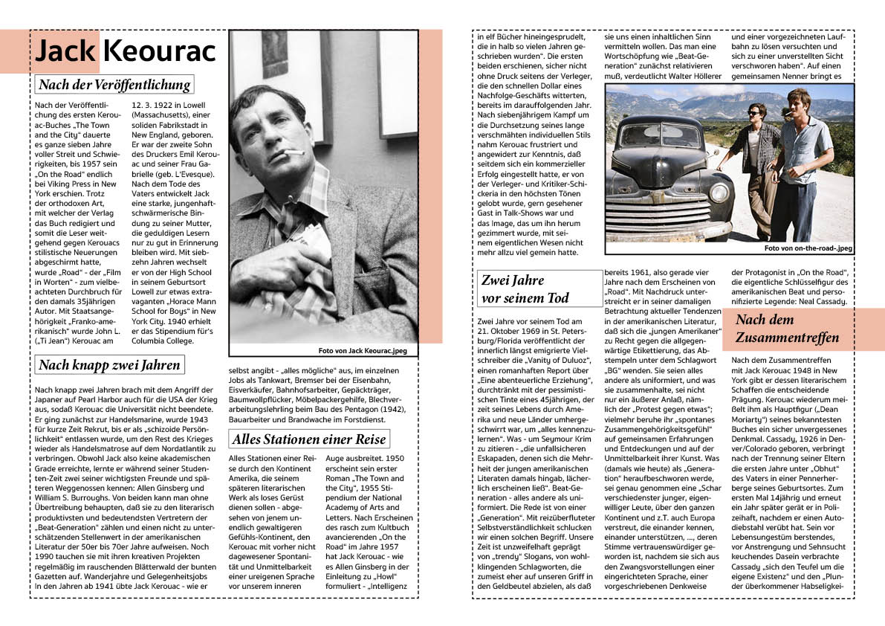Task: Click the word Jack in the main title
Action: [65, 51]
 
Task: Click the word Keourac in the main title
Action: [159, 51]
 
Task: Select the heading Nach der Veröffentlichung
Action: [114, 84]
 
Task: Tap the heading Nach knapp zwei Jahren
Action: [108, 364]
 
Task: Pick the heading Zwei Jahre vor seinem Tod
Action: [525, 289]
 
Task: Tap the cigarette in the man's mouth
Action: [293, 154]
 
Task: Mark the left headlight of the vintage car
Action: [719, 193]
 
